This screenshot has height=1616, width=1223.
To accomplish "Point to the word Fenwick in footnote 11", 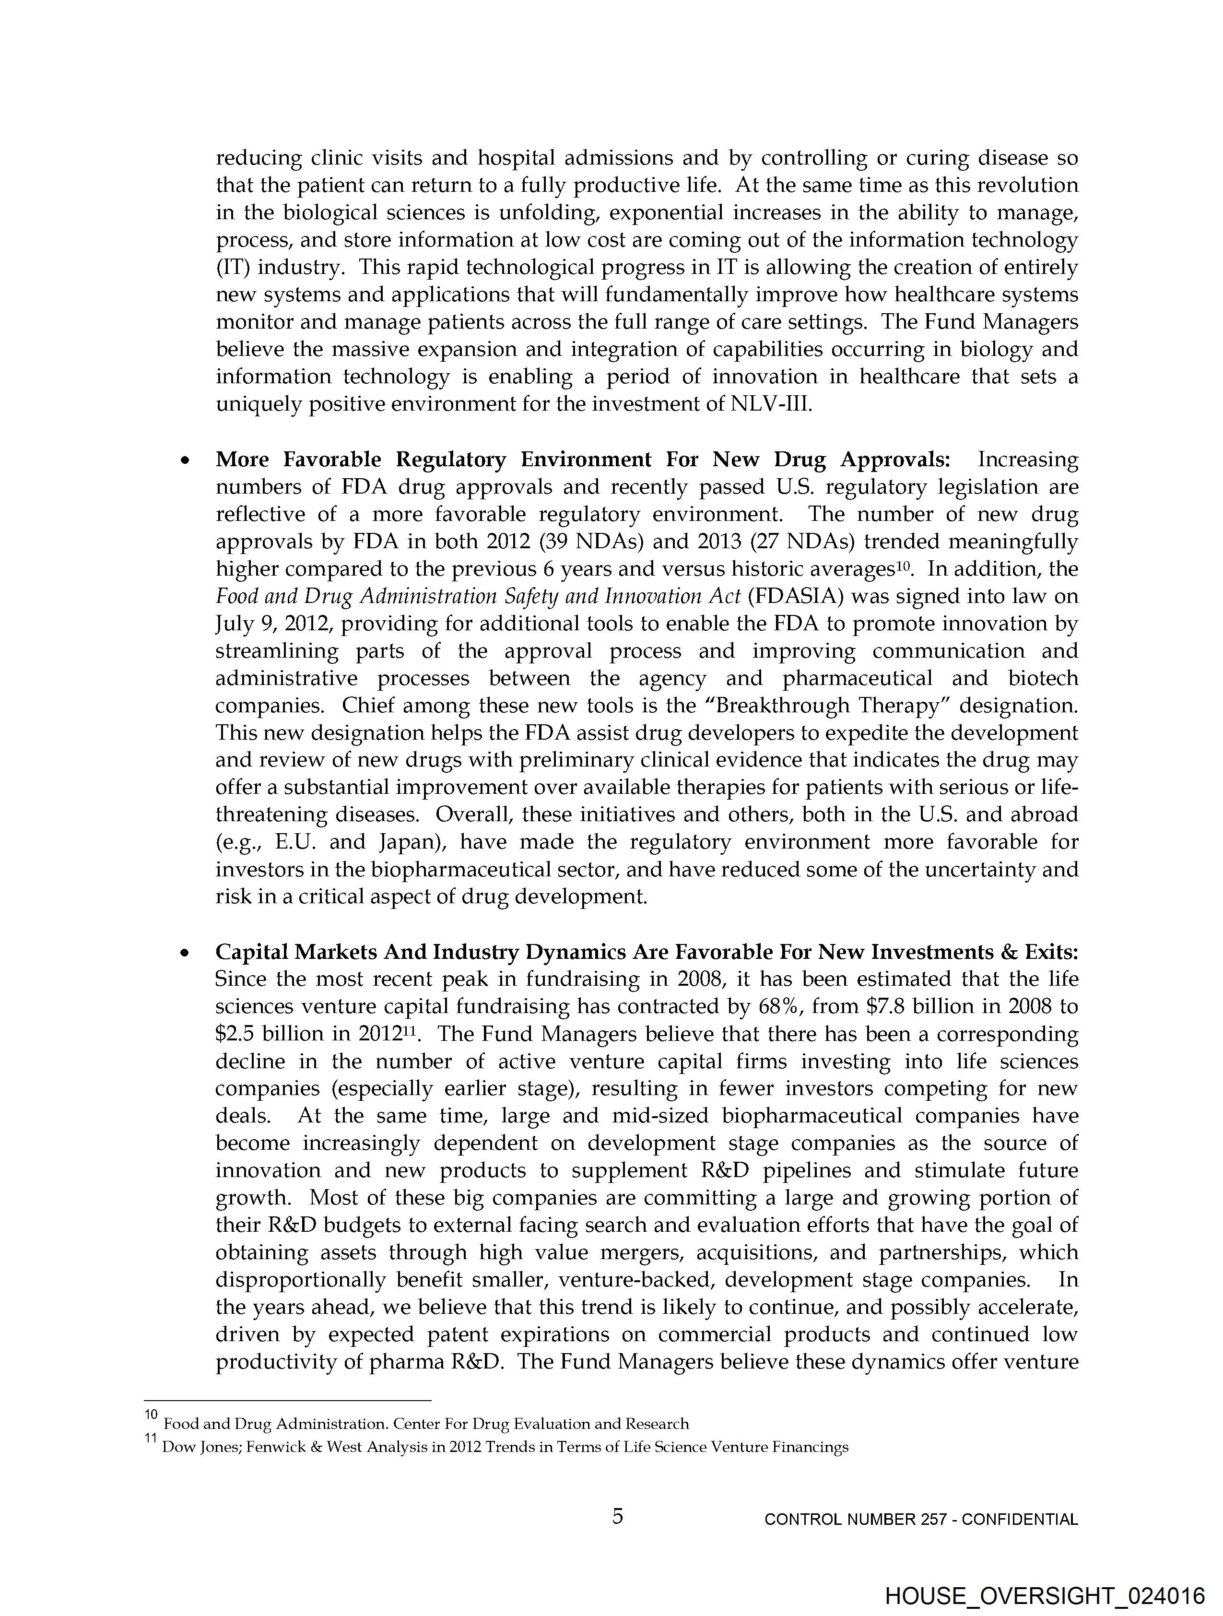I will pyautogui.click(x=272, y=1447).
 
